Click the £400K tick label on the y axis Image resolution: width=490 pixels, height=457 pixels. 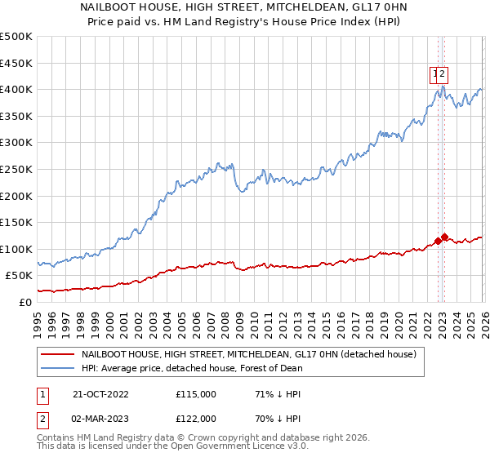[16, 89]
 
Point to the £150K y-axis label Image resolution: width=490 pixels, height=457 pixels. [16, 222]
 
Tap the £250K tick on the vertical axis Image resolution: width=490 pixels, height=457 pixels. [16, 169]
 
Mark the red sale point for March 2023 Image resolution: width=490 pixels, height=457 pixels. [443, 237]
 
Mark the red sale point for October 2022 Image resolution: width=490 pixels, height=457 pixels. [438, 241]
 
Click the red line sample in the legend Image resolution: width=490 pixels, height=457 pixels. [57, 355]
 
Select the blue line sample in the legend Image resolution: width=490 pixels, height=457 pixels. [57, 368]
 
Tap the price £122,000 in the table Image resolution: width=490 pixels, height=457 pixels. [195, 418]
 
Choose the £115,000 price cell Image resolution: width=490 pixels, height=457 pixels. [195, 393]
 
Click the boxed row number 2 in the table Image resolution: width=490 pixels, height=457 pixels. [42, 418]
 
